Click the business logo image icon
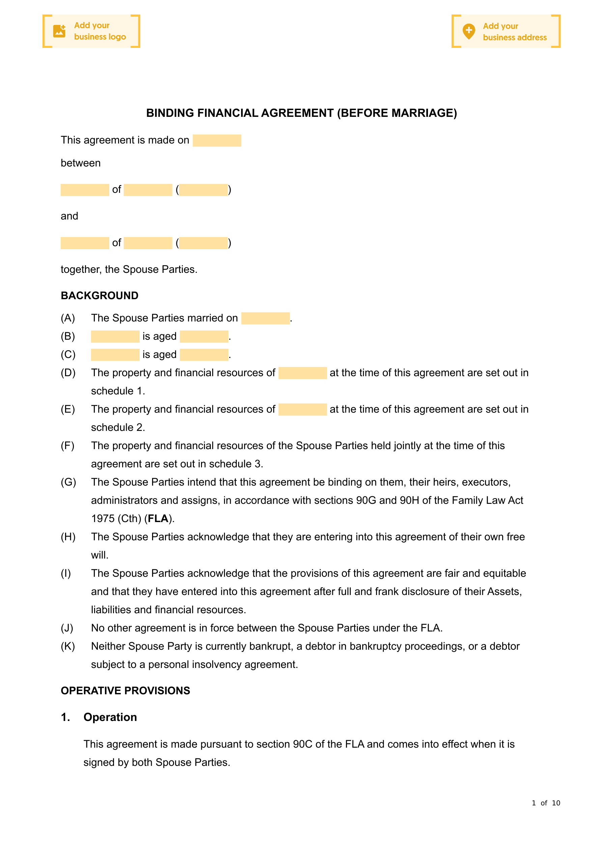pyautogui.click(x=59, y=31)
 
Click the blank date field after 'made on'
pyautogui.click(x=217, y=140)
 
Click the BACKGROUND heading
pyautogui.click(x=99, y=296)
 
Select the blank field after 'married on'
pyautogui.click(x=265, y=318)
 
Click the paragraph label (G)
pyautogui.click(x=68, y=482)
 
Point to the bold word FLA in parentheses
pyautogui.click(x=158, y=519)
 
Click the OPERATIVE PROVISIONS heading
pyautogui.click(x=125, y=691)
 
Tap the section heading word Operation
pyautogui.click(x=110, y=717)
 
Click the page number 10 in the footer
pyautogui.click(x=555, y=803)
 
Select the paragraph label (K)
pyautogui.click(x=68, y=646)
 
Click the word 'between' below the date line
pyautogui.click(x=81, y=163)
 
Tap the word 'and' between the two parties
pyautogui.click(x=69, y=216)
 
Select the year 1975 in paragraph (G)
pyautogui.click(x=103, y=519)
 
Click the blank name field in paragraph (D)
pyautogui.click(x=302, y=373)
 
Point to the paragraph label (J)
pyautogui.click(x=67, y=628)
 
